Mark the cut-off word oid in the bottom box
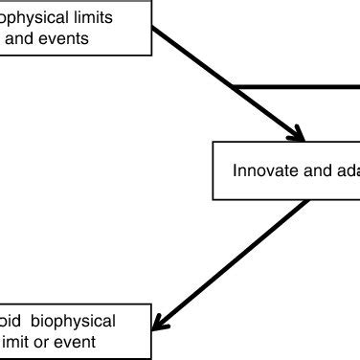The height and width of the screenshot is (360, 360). click(13, 321)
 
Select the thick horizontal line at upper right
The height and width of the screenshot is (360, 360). click(297, 89)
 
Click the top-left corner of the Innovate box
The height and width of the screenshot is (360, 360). click(213, 144)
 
